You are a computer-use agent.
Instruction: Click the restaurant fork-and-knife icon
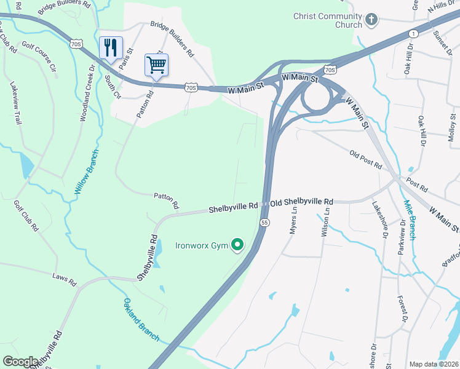click(111, 47)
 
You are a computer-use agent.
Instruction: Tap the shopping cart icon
click(156, 64)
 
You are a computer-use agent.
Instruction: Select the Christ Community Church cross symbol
click(371, 20)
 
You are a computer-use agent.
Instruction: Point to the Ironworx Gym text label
click(202, 246)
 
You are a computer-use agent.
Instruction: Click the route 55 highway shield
click(264, 223)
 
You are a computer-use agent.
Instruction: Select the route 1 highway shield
click(413, 33)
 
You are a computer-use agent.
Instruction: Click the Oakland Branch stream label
click(141, 320)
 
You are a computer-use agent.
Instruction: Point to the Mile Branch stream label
click(410, 216)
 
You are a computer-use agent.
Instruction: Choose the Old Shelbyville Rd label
click(302, 202)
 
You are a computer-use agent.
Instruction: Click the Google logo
click(20, 362)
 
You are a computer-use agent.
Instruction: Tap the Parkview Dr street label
click(403, 237)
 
